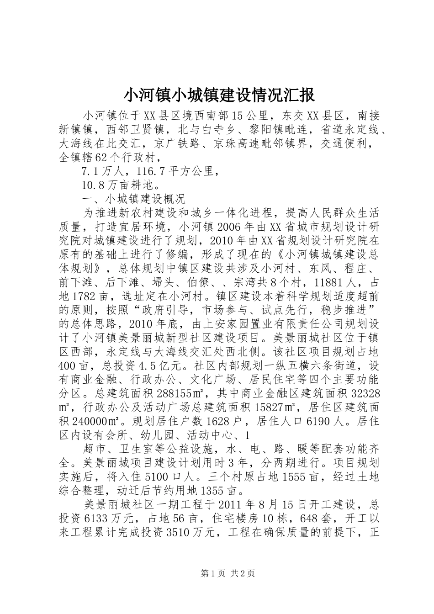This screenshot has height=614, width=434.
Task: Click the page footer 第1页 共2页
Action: click(217, 574)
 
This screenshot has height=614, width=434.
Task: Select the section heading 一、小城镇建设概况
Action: click(132, 199)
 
